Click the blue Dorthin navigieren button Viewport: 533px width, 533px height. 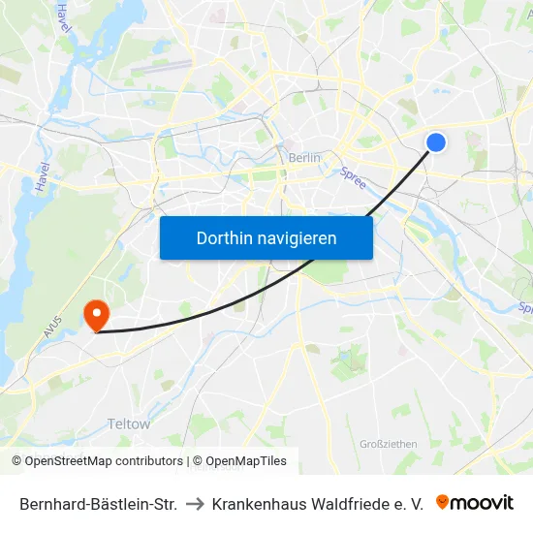pos(266,237)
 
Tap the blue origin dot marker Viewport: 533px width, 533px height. pos(436,142)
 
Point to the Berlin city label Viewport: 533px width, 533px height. pos(304,158)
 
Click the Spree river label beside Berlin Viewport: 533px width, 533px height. pos(353,177)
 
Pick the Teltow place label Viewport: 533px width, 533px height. pos(129,423)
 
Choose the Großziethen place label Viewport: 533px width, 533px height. pos(388,444)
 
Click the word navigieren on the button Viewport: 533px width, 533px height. pos(298,237)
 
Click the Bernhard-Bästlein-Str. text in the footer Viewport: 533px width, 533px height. pos(98,504)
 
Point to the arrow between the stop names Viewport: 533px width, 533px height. pos(194,504)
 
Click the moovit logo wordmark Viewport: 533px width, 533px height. pos(483,502)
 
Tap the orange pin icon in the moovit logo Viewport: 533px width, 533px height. pos(443,502)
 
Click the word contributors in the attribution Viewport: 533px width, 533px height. pos(146,461)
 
